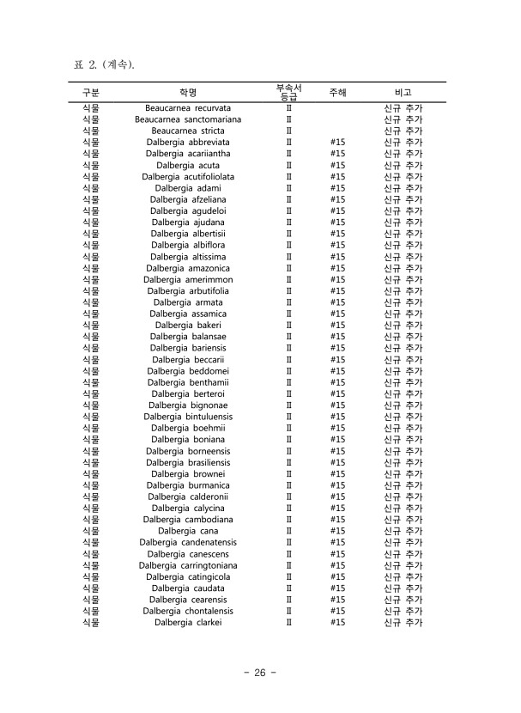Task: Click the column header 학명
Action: (x=188, y=92)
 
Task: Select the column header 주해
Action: (x=337, y=92)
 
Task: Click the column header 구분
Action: (x=91, y=92)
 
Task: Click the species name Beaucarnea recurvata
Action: (x=188, y=108)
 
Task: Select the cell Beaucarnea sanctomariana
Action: (x=188, y=119)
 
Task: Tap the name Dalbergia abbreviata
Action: (x=188, y=143)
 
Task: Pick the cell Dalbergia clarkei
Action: (x=188, y=623)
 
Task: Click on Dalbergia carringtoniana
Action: (x=188, y=565)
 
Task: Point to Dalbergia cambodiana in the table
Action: (x=188, y=520)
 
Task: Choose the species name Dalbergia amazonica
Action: (x=188, y=268)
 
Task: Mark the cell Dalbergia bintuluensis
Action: (x=188, y=417)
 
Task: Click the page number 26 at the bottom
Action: (x=259, y=673)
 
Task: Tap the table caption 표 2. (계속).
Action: (x=106, y=65)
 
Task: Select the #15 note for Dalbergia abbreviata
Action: (x=337, y=143)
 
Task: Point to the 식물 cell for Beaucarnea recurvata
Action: (x=91, y=108)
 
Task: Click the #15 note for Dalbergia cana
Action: (x=337, y=531)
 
